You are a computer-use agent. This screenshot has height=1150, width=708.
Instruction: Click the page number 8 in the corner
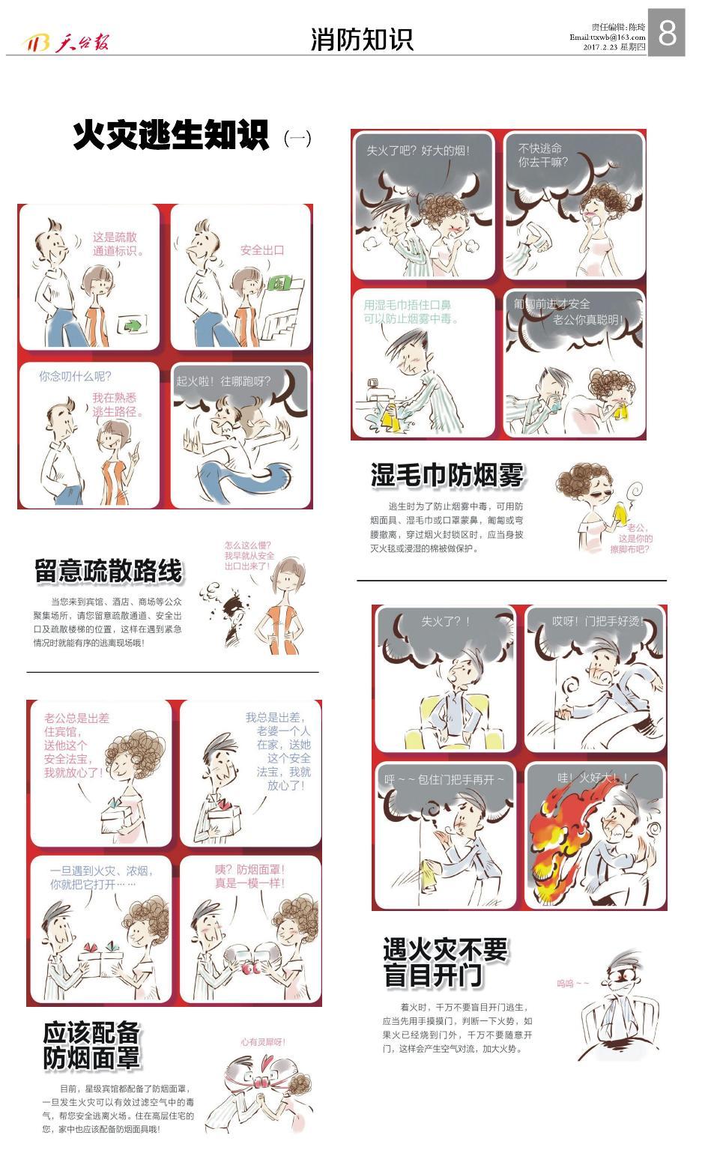(666, 32)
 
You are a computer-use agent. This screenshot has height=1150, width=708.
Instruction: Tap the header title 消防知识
(362, 39)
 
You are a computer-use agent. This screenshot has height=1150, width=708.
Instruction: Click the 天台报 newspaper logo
(67, 43)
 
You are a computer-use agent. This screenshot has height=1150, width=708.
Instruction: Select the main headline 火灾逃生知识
(171, 136)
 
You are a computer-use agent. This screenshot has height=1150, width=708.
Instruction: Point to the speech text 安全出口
(261, 249)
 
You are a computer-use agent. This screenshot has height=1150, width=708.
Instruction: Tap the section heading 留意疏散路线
(109, 571)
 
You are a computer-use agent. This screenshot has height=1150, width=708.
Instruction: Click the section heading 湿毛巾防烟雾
(447, 475)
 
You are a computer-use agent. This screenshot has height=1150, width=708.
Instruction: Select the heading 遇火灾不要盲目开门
(445, 963)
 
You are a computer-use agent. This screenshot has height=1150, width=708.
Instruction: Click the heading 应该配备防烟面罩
(91, 1045)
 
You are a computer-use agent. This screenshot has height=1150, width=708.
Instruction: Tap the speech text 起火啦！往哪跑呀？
(223, 381)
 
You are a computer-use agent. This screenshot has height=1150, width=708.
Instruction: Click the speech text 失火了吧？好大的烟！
(417, 150)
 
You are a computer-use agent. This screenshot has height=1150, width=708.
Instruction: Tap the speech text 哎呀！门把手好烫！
(597, 620)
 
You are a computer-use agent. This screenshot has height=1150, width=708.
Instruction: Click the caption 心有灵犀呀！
(262, 1041)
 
